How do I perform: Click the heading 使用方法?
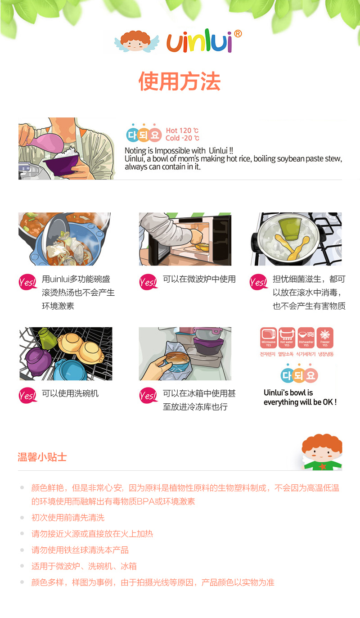(180, 81)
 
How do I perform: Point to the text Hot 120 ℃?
(182, 131)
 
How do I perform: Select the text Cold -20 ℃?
(182, 139)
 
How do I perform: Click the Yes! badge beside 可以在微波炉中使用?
(148, 282)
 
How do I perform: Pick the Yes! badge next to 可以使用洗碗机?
(27, 396)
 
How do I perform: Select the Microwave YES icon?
(269, 338)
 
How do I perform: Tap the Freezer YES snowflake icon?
(325, 338)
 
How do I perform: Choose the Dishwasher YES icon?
(306, 338)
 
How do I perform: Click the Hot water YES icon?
(287, 338)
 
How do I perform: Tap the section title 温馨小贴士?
(42, 457)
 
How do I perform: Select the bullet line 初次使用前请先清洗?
(68, 518)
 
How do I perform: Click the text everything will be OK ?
(300, 402)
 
